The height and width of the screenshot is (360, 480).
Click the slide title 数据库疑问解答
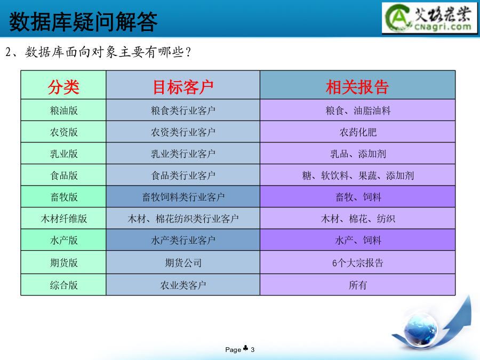click(83, 21)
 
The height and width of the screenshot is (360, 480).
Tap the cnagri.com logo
click(429, 18)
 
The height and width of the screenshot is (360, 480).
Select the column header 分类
click(63, 87)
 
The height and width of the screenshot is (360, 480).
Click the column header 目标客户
click(183, 87)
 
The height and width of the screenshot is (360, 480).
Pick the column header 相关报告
click(357, 87)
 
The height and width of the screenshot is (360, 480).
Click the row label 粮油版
click(63, 110)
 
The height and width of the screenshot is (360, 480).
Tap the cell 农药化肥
click(358, 132)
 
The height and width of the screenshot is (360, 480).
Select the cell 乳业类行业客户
click(183, 154)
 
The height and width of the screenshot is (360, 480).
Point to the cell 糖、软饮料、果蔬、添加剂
click(358, 175)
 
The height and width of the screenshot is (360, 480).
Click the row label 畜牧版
click(63, 197)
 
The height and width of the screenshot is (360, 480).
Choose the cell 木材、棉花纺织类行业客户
click(183, 219)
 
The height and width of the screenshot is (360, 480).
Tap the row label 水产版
click(63, 241)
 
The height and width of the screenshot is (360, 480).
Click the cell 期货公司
click(183, 262)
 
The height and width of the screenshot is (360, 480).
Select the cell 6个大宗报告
click(358, 262)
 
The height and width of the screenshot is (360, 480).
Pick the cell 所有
click(358, 285)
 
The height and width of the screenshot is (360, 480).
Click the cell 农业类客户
click(183, 285)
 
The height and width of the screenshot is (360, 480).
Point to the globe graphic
click(421, 331)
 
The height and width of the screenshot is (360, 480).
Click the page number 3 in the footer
click(253, 349)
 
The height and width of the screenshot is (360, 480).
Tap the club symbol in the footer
click(245, 348)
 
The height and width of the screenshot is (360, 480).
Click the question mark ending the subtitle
click(188, 52)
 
